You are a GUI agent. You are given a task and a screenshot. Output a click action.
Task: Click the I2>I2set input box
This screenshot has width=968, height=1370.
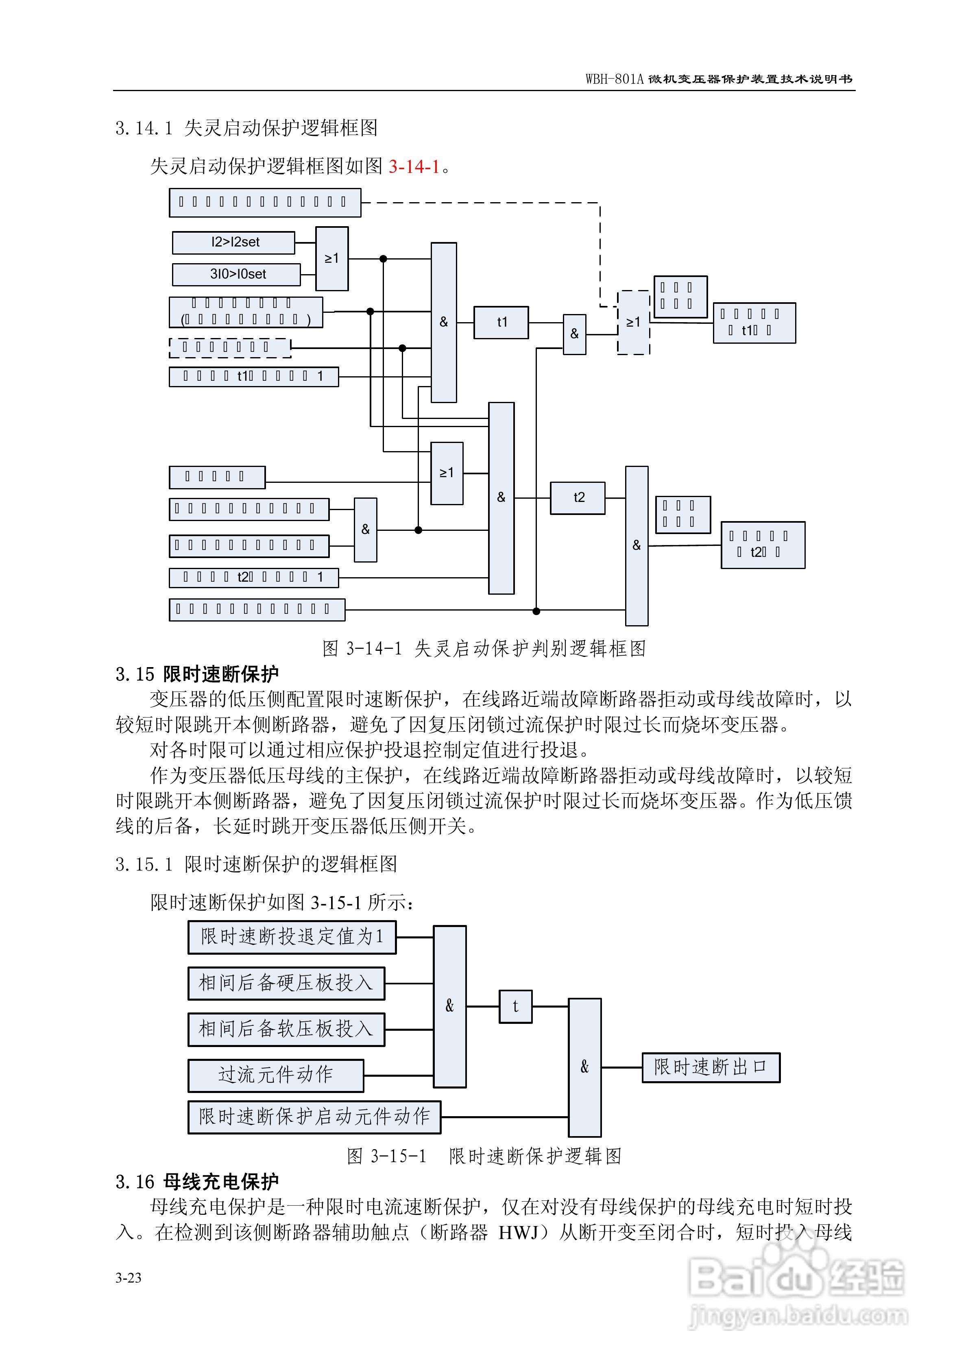tap(233, 242)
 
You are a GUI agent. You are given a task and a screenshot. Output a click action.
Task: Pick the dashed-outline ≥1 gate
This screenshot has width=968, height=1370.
tap(633, 323)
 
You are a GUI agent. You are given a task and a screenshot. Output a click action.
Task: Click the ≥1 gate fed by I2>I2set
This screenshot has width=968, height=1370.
tap(332, 258)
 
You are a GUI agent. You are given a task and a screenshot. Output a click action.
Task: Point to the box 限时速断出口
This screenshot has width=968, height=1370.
tap(710, 1067)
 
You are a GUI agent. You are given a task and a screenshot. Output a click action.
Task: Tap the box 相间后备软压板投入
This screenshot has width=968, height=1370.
tap(286, 1029)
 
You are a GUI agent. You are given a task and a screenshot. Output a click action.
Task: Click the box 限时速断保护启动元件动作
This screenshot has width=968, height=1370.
tap(314, 1117)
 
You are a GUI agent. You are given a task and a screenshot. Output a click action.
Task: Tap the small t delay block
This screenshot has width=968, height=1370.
tap(515, 1007)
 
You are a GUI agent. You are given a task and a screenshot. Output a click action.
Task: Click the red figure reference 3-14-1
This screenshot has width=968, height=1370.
tap(414, 166)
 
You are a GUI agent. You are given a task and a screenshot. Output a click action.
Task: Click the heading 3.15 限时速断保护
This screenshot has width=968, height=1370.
tap(197, 674)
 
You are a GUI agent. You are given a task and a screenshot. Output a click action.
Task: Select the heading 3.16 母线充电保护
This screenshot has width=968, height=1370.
tap(197, 1181)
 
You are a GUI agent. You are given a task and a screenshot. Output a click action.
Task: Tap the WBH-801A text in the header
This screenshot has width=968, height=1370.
tap(614, 79)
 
